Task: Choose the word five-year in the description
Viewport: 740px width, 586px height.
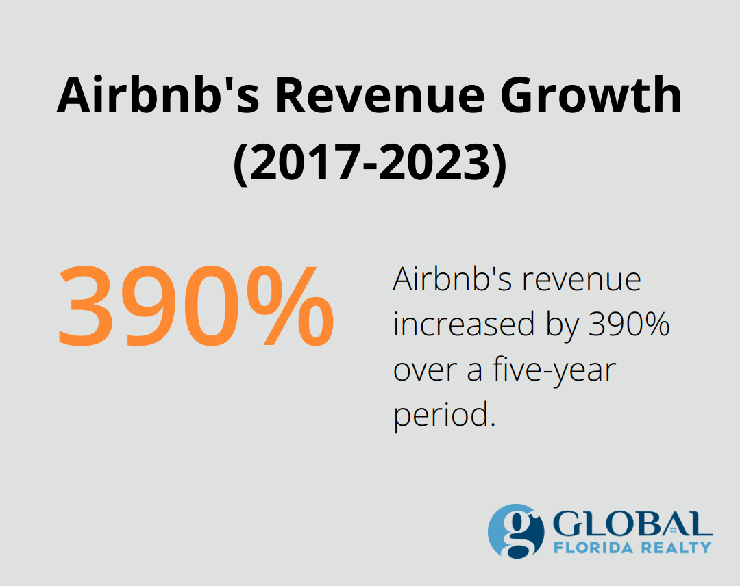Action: click(x=554, y=371)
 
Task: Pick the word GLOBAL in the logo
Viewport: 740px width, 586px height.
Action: click(x=632, y=524)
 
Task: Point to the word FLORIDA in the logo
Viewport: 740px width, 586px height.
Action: click(x=593, y=547)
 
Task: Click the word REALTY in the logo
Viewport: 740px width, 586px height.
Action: click(x=675, y=547)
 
